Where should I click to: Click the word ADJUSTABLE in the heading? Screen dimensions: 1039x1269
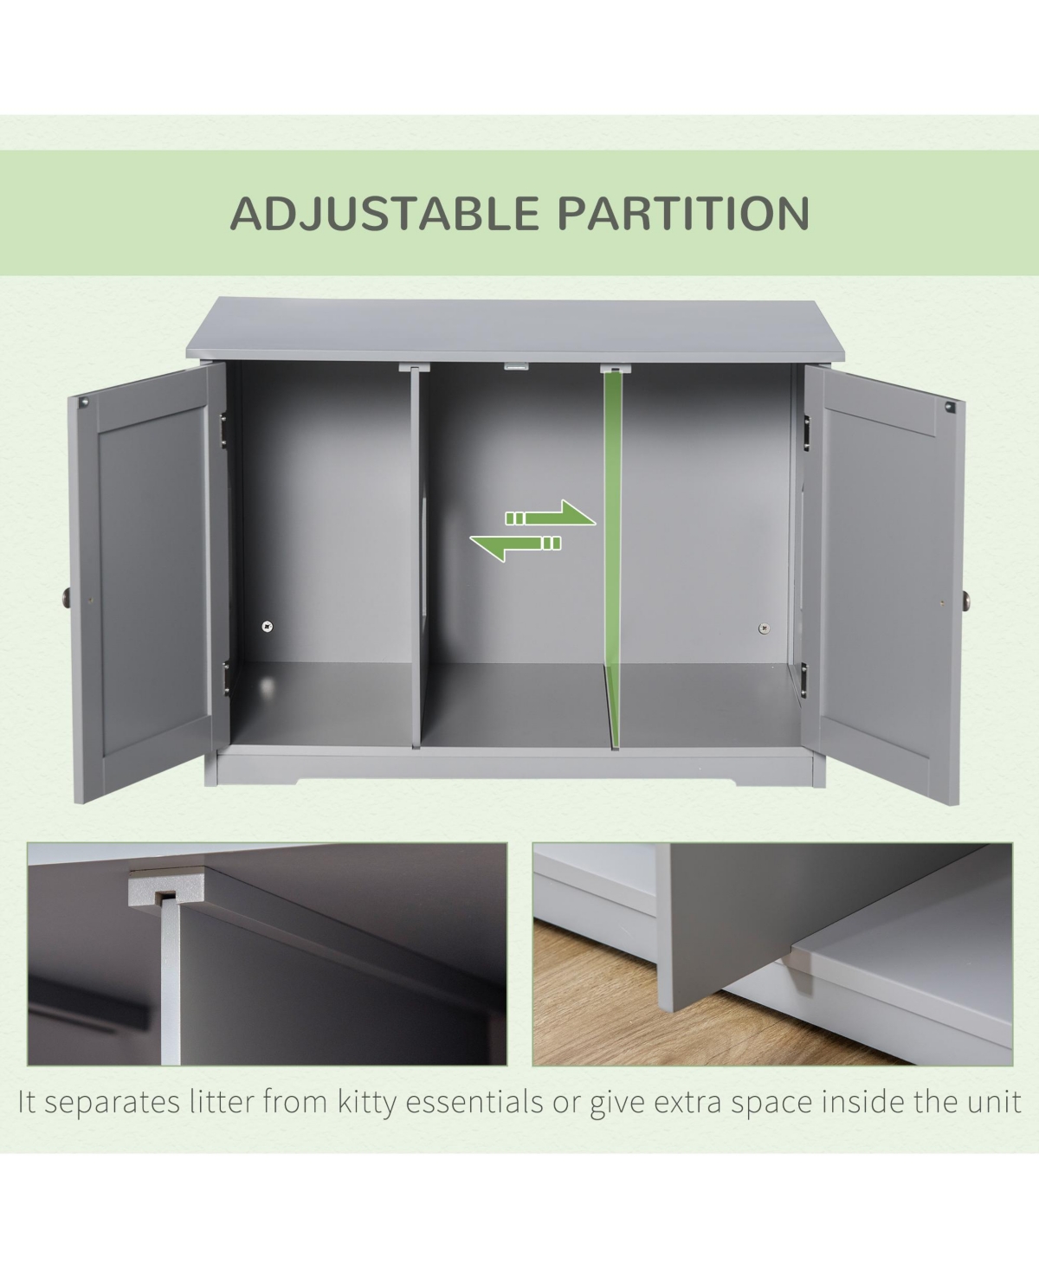384,213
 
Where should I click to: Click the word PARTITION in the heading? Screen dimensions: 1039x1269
682,213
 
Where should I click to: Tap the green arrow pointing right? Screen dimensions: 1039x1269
550,514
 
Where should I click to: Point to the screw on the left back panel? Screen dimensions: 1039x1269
268,627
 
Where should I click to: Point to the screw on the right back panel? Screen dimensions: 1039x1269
764,628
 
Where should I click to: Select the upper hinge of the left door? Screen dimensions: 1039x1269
223,430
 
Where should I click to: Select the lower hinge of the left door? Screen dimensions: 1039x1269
226,678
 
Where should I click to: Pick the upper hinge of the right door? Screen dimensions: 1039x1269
806,432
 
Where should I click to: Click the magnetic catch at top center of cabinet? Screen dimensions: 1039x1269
516,365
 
